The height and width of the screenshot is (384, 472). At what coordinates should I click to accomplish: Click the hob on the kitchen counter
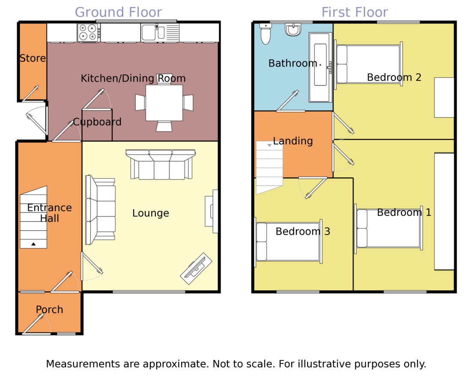click(x=89, y=32)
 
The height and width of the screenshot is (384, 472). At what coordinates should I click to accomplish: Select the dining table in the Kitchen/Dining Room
click(x=164, y=103)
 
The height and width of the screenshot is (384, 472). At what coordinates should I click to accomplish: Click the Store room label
click(x=33, y=58)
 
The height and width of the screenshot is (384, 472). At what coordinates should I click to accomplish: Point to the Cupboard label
click(x=97, y=122)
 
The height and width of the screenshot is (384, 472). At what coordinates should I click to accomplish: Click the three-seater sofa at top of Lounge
click(x=161, y=165)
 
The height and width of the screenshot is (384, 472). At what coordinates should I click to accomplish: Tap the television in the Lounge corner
click(x=196, y=269)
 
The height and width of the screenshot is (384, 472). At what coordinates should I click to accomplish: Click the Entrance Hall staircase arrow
click(x=33, y=244)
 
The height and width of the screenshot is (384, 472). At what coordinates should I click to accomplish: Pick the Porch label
click(x=49, y=309)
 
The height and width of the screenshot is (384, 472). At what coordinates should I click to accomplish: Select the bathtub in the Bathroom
click(x=320, y=67)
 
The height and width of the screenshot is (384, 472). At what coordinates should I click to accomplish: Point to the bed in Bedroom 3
click(x=288, y=242)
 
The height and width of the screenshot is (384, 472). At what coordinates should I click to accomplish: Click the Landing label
click(x=293, y=141)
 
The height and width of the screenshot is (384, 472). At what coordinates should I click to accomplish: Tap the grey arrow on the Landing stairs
click(x=269, y=146)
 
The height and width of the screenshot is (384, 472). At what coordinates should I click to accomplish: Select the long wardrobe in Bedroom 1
click(x=444, y=211)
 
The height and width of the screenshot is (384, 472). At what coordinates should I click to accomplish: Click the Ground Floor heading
click(x=118, y=12)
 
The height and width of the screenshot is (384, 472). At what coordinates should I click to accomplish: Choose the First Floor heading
click(x=355, y=12)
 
